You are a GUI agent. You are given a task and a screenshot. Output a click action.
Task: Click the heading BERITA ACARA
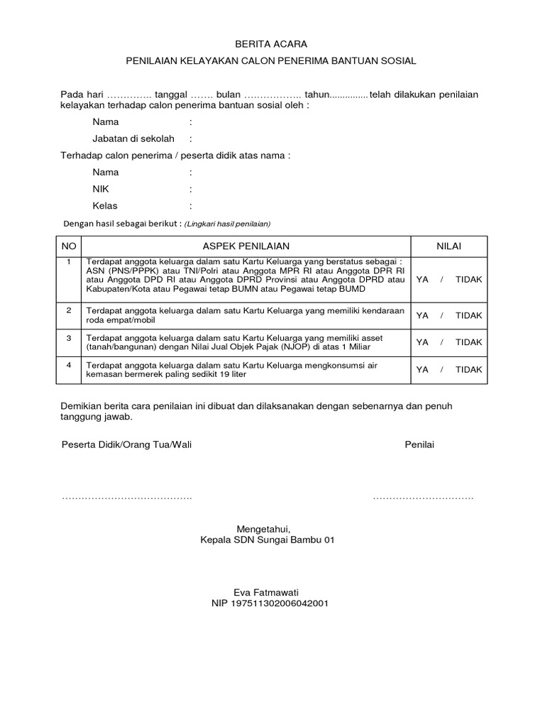tap(272, 44)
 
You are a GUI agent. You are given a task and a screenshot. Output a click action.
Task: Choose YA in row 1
tap(422, 279)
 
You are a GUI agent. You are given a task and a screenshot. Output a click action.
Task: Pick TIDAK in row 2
tap(468, 315)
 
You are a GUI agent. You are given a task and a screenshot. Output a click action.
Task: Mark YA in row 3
tap(422, 342)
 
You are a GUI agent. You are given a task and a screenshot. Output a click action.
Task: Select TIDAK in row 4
tap(468, 369)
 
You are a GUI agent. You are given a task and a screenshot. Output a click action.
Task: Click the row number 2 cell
tap(69, 310)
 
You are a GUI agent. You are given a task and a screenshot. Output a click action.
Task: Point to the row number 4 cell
tap(69, 365)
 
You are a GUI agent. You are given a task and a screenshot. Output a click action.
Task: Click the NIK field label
tap(100, 189)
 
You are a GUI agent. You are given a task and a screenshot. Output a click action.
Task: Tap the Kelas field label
tap(104, 206)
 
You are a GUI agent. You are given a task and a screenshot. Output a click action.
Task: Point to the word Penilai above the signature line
tap(419, 444)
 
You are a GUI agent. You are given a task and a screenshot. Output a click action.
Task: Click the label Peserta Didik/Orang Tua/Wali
tap(126, 444)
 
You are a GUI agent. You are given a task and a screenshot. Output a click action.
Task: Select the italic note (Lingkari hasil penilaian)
tap(228, 224)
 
